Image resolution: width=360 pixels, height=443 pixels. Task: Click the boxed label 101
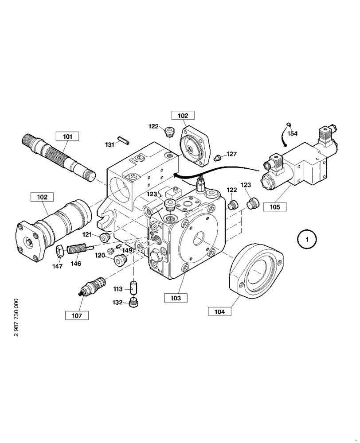pos(67,136)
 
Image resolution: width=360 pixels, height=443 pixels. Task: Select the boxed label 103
pos(176,298)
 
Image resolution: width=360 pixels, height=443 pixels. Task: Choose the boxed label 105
pos(274,206)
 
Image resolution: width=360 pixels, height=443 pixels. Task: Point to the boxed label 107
pos(76,315)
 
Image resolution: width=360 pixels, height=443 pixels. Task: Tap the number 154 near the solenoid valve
pos(292,133)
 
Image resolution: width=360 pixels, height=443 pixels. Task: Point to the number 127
pos(231,154)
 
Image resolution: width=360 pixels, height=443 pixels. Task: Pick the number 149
pos(128,250)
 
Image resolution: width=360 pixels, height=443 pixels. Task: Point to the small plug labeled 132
pos(134,304)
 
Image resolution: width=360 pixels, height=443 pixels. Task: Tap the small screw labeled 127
pos(218,157)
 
